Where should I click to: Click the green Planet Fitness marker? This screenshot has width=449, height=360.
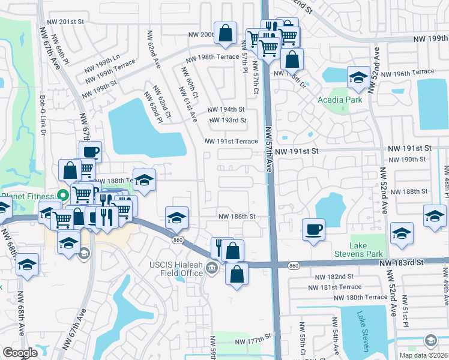point(61,195)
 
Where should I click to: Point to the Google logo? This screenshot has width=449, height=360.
point(20,353)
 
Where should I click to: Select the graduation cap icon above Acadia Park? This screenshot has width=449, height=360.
point(358,77)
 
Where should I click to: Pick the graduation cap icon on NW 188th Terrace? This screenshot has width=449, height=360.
point(144,180)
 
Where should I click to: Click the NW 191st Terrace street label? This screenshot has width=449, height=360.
point(231,142)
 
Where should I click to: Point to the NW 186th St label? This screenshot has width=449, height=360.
point(237,217)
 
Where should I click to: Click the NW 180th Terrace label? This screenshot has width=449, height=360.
point(361,298)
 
